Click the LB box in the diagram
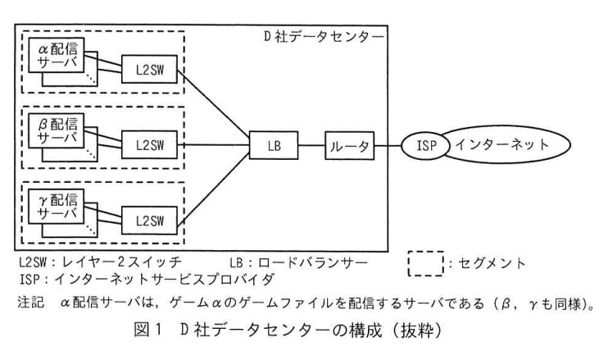tap(274, 145)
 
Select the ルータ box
tap(350, 146)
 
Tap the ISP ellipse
tap(425, 145)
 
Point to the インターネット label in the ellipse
tap(502, 144)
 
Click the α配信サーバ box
tap(57, 55)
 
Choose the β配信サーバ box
tap(57, 130)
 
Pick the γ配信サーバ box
tap(57, 207)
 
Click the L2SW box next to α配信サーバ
tap(149, 69)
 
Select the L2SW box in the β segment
tap(149, 145)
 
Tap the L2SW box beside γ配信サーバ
tap(149, 221)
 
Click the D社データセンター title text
tap(324, 37)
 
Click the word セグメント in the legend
tap(492, 263)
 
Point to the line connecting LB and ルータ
tap(311, 145)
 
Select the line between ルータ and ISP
tap(388, 146)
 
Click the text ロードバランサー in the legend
tap(312, 262)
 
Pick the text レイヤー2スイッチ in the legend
tap(121, 262)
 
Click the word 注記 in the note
tap(30, 303)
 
